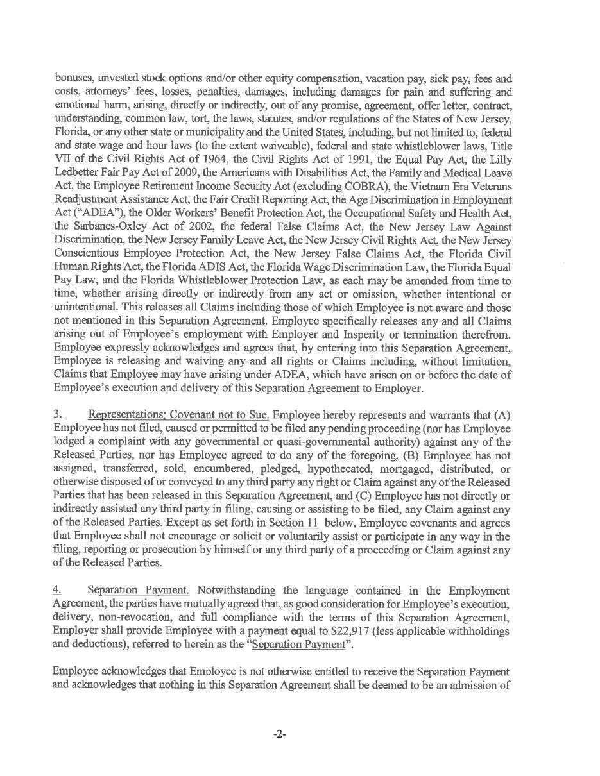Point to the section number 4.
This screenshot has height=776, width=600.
[x=57, y=590]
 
